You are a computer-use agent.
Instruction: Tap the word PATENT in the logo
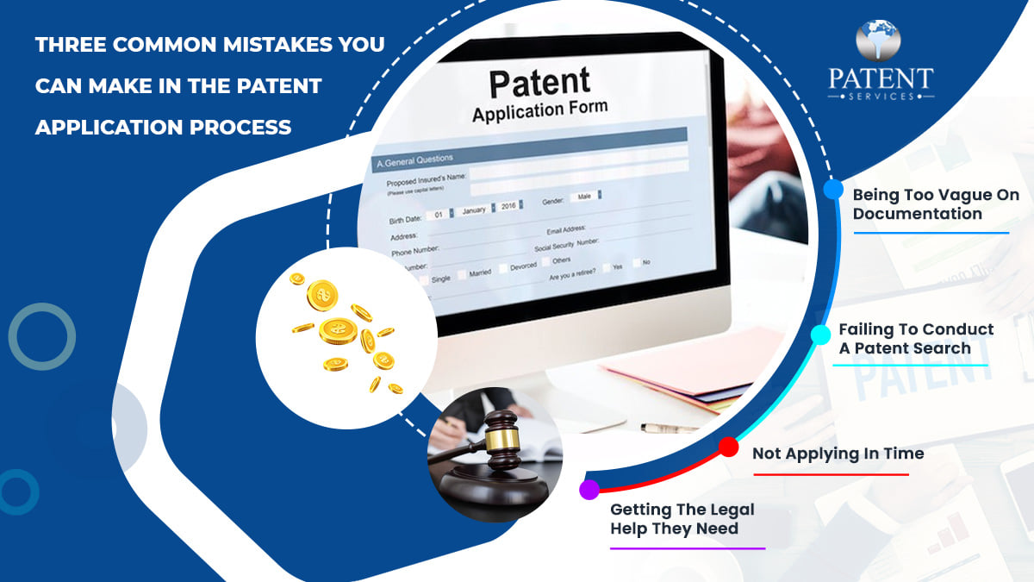point(880,78)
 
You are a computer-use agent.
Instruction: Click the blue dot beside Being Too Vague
point(833,190)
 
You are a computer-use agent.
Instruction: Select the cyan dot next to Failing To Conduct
point(822,334)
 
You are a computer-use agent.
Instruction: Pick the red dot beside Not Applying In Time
point(728,447)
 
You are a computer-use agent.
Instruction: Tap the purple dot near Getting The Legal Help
point(589,490)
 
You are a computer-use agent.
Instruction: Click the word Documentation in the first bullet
point(917,214)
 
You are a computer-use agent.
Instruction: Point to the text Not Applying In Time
point(838,454)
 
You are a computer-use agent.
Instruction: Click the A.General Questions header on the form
point(414,160)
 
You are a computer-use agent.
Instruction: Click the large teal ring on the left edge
point(41,336)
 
